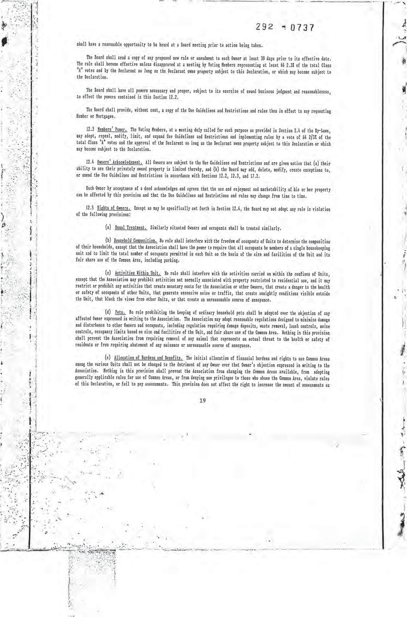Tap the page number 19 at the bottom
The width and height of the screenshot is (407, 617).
[x=203, y=401]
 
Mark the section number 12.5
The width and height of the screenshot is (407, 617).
[x=90, y=209]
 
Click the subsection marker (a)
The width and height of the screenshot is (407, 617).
[x=107, y=228]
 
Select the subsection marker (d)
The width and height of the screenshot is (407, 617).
[x=107, y=313]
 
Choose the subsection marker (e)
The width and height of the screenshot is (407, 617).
[x=107, y=359]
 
